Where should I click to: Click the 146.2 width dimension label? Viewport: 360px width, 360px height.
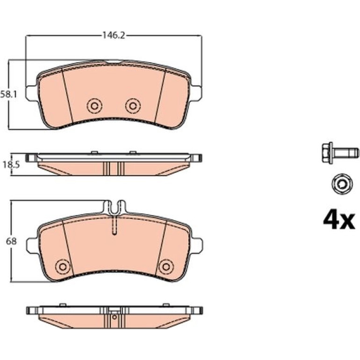(x=114, y=36)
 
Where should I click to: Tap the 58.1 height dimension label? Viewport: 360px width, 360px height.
(x=8, y=94)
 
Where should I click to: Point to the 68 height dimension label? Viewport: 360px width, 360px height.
(x=11, y=241)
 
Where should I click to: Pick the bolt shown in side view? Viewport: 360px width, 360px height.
(x=340, y=153)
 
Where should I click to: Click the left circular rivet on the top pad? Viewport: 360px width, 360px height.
(x=94, y=106)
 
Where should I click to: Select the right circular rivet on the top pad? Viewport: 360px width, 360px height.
(x=133, y=106)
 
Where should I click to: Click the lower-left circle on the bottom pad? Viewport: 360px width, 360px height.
(x=63, y=267)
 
